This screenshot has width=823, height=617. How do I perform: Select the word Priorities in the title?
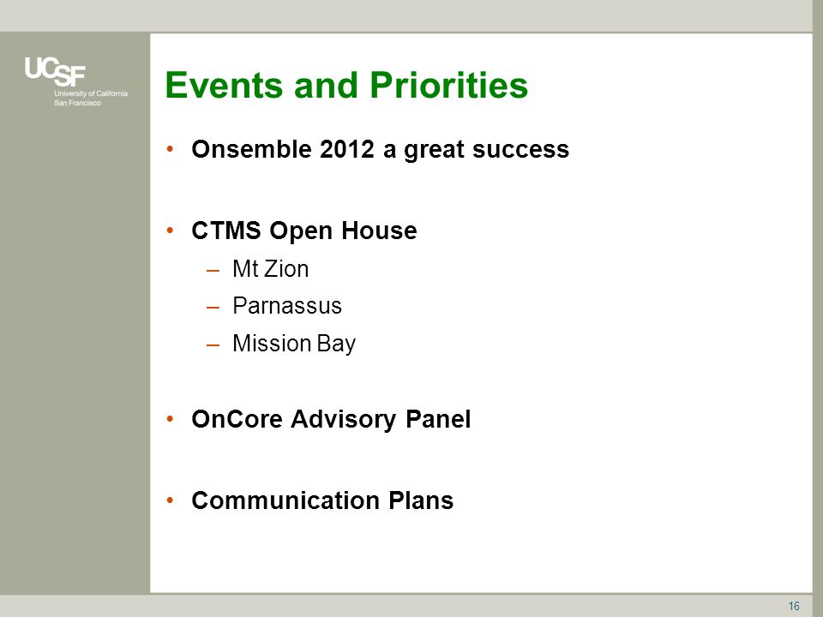(448, 85)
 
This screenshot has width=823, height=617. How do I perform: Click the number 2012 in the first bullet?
(347, 149)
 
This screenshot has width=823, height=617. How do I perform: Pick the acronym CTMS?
(226, 231)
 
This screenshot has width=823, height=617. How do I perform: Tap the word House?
(379, 231)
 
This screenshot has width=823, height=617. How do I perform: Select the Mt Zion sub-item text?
(270, 269)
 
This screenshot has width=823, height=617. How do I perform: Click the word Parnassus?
(287, 306)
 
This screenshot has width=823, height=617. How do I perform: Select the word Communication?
(285, 500)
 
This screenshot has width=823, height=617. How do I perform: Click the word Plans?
(421, 500)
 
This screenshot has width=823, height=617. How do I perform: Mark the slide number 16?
(794, 606)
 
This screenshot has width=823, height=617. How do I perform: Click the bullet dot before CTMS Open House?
(170, 230)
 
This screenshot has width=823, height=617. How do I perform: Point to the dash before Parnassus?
(213, 308)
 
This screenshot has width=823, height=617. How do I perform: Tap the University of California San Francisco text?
(91, 98)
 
